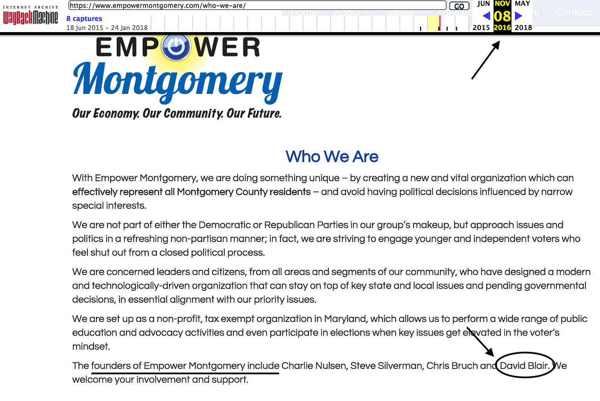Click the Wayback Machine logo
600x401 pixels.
[31, 16]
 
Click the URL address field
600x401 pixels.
[257, 5]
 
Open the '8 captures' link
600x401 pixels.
[84, 18]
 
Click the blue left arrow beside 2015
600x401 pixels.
[486, 16]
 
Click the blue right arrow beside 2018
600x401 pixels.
[518, 16]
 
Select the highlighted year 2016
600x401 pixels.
[502, 27]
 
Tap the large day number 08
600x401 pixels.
[502, 16]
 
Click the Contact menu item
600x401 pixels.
[574, 13]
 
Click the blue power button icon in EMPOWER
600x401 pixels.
[176, 47]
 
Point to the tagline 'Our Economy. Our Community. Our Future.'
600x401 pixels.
[177, 114]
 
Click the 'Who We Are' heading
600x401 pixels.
[332, 157]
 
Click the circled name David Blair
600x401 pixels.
[524, 366]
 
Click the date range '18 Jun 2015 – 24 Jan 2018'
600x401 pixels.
[107, 28]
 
